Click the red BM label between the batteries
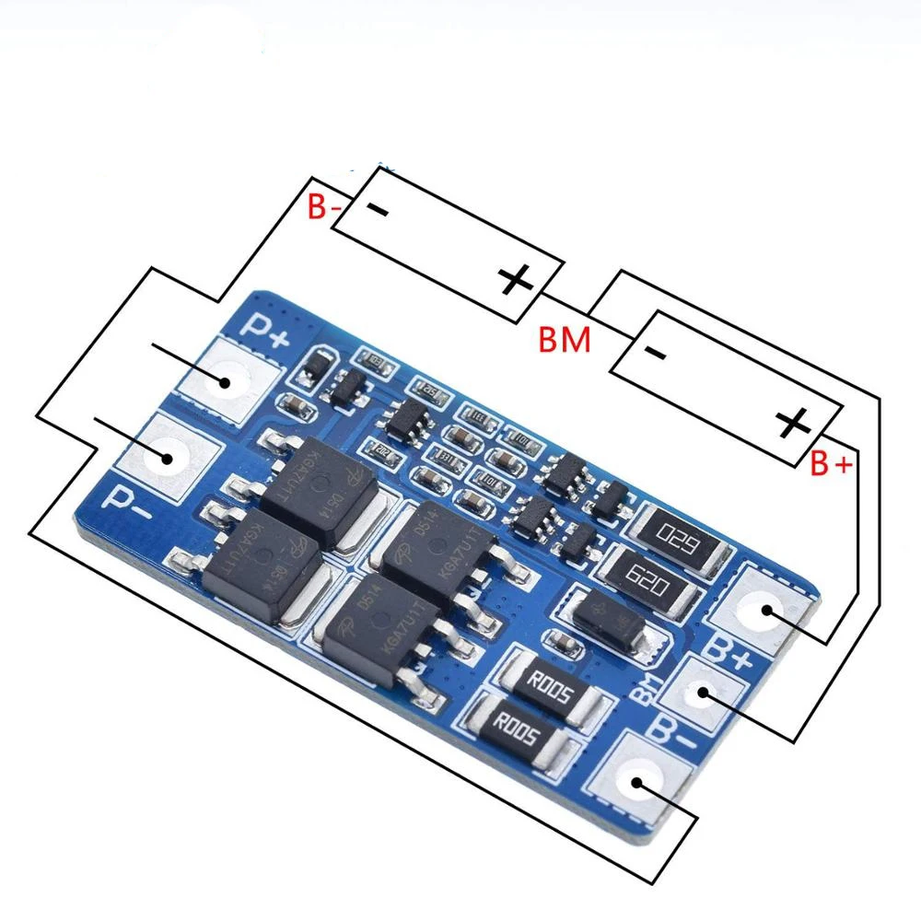click(564, 341)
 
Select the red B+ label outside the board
click(831, 465)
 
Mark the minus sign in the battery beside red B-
click(379, 209)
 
